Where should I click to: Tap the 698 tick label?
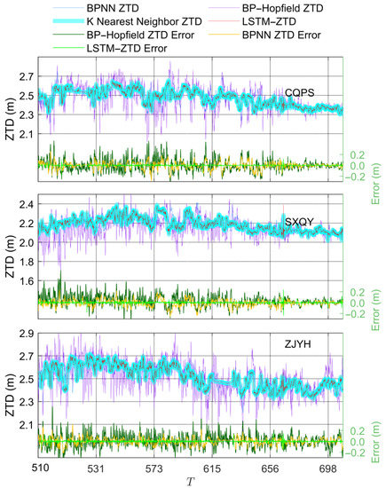point(330,467)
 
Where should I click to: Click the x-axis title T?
point(191,480)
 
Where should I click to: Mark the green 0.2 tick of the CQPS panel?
point(358,153)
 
